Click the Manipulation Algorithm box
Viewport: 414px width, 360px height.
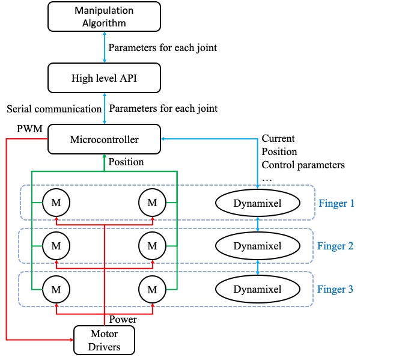click(x=105, y=17)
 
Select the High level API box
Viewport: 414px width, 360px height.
click(x=105, y=78)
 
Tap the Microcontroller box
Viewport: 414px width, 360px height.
click(x=105, y=139)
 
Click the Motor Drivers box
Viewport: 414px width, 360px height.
click(x=105, y=340)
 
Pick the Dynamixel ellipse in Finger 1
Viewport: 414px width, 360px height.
click(x=258, y=203)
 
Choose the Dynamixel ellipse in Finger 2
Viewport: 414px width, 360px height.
click(x=258, y=246)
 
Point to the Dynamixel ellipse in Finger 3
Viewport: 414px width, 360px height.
click(x=258, y=289)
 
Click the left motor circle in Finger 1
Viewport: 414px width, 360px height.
click(x=56, y=203)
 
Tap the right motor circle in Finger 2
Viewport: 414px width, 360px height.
click(x=153, y=246)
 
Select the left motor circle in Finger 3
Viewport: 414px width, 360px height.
click(x=56, y=290)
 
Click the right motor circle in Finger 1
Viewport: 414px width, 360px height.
click(x=153, y=203)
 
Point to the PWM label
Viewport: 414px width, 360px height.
click(x=29, y=129)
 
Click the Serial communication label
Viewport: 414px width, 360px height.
click(x=54, y=109)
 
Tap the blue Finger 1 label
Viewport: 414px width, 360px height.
click(x=336, y=203)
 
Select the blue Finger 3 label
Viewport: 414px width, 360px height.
click(x=335, y=289)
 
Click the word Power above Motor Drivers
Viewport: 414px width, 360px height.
click(x=123, y=319)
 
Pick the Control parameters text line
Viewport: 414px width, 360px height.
click(x=303, y=165)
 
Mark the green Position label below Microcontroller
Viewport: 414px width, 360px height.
click(x=126, y=162)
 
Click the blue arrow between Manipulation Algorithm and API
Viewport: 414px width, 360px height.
click(x=105, y=47)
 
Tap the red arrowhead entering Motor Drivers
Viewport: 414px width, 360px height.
click(x=72, y=340)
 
